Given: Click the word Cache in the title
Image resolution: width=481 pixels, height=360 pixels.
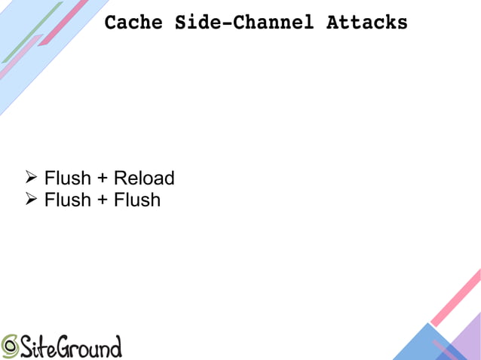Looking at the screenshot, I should pos(133,23).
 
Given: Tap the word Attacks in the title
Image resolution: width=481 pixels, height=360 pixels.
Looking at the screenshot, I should pos(366,23).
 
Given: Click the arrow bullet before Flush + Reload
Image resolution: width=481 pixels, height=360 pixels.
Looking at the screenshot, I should pos(31,178).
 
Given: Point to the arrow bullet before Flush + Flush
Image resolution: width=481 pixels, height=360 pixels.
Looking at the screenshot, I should pos(31,199).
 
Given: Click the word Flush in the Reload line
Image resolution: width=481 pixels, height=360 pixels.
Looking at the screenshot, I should pos(67,178).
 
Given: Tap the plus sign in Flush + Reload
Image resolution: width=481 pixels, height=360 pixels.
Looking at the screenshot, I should pos(102,179).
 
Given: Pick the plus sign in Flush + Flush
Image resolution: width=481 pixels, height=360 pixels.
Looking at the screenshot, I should pos(102,200).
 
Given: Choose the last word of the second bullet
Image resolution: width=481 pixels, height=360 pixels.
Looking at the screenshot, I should pos(137,200).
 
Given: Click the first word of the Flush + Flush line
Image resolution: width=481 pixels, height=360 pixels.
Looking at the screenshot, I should pos(67,200).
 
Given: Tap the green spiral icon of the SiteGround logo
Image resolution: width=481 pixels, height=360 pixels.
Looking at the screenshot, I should pos(10,346).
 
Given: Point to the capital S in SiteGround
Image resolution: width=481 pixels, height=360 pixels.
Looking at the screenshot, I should pos(27,346).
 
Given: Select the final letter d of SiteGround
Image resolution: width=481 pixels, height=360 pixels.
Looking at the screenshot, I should pos(115,346).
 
